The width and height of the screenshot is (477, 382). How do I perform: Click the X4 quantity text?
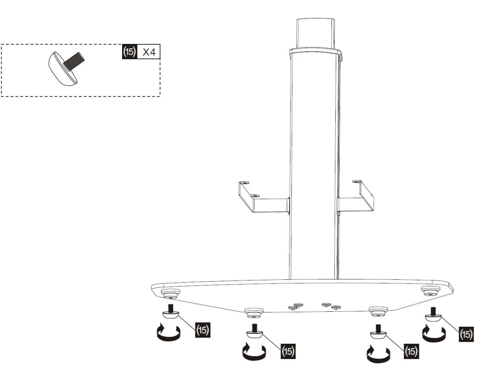coord(149,52)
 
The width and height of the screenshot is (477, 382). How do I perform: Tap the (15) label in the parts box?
coord(129,52)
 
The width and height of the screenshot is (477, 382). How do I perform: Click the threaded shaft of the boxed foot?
coord(74,61)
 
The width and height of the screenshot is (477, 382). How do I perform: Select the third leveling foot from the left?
coord(378,332)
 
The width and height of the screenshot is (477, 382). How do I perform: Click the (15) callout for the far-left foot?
coord(202,329)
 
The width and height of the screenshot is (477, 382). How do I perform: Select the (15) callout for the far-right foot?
coord(466,334)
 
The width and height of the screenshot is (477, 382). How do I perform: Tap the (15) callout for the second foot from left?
coord(288,351)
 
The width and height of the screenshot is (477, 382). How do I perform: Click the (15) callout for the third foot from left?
coord(411,351)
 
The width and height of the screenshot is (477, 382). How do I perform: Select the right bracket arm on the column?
coord(355,200)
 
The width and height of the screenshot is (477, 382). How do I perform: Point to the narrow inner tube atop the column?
coord(316,33)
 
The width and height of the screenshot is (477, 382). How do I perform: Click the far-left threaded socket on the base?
coord(170,293)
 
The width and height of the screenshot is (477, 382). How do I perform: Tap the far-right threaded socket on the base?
coord(430,291)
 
